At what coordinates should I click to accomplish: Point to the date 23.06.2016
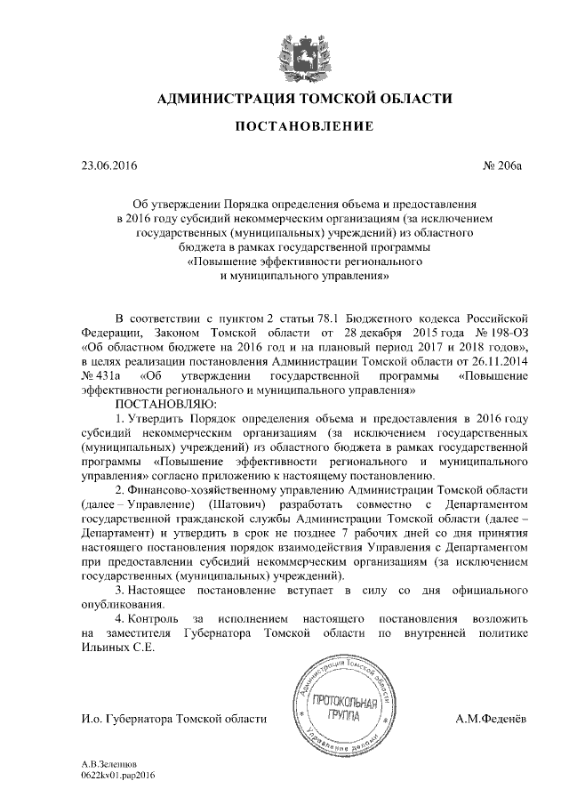click(x=109, y=165)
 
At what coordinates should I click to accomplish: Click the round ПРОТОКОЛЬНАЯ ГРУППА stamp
click(x=347, y=712)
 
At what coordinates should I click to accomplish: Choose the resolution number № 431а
click(x=100, y=375)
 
